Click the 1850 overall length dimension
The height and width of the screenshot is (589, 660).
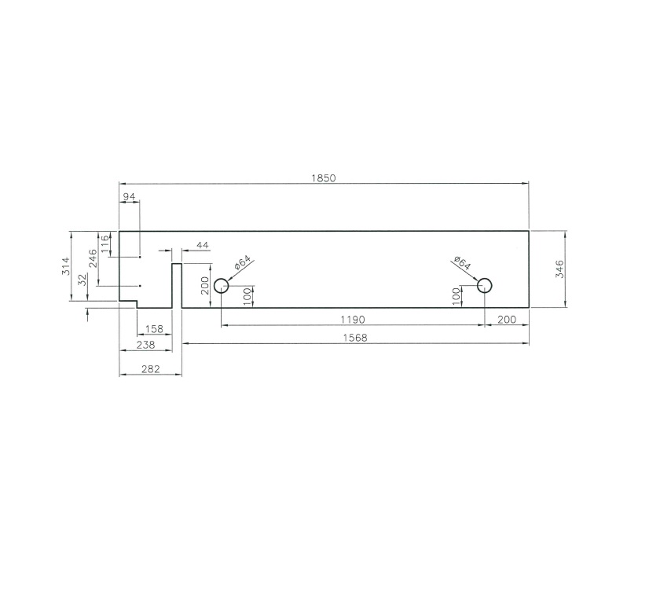[323, 178]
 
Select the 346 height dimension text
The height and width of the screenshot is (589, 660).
[559, 269]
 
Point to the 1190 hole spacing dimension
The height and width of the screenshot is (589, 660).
[352, 320]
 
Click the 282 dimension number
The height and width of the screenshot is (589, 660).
[150, 368]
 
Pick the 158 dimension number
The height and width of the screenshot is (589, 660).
[154, 328]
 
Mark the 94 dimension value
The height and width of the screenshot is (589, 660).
[129, 196]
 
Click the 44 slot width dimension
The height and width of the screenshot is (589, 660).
[202, 246]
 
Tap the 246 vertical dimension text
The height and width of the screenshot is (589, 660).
[93, 258]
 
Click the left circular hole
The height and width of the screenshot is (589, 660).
[221, 285]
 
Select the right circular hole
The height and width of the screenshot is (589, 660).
[484, 285]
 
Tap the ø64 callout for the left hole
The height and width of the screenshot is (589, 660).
[241, 263]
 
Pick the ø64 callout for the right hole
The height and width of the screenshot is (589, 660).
[462, 263]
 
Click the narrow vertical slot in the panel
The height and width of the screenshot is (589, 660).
[177, 286]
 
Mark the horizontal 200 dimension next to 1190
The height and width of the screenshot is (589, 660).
[507, 320]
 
